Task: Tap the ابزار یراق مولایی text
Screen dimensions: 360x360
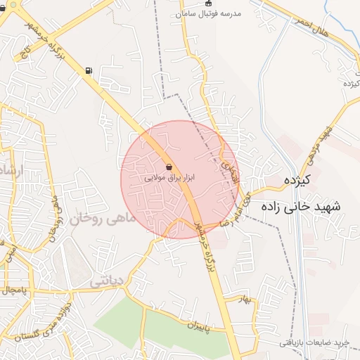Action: (x=169, y=178)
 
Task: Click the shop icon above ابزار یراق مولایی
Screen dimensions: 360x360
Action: (x=169, y=167)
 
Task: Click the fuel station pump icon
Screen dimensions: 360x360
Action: (x=88, y=70)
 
